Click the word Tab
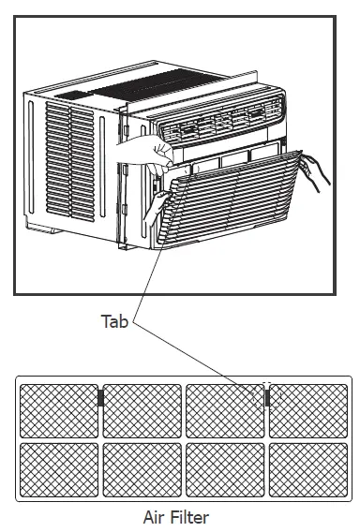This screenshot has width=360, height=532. pyautogui.click(x=115, y=321)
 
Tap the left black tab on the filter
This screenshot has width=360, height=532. pyautogui.click(x=100, y=398)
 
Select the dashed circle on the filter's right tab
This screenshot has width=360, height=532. pyautogui.click(x=265, y=398)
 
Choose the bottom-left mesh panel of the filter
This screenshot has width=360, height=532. pyautogui.click(x=58, y=467)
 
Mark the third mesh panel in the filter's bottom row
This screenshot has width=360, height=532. pyautogui.click(x=224, y=467)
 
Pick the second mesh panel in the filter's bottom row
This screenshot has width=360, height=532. pyautogui.click(x=141, y=467)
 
